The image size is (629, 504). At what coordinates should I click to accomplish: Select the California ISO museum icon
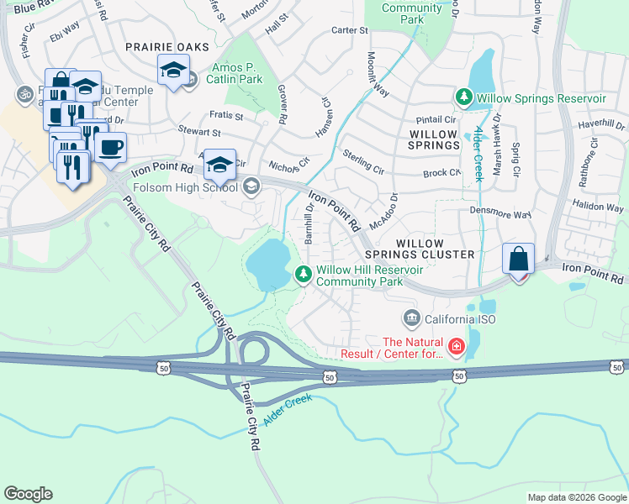411,318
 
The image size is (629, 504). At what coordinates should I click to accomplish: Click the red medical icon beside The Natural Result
455,346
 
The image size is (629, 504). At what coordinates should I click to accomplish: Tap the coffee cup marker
110,149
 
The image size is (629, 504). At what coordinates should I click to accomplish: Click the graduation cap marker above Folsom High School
220,164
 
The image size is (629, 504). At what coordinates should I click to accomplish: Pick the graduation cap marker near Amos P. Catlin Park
172,71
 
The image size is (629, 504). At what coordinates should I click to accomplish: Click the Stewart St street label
199,132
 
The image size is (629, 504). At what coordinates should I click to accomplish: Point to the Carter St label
350,30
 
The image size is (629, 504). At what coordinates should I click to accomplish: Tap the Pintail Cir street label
435,120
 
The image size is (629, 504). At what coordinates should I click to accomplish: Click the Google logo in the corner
28,494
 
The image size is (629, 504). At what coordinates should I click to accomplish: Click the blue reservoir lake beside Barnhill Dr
267,265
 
